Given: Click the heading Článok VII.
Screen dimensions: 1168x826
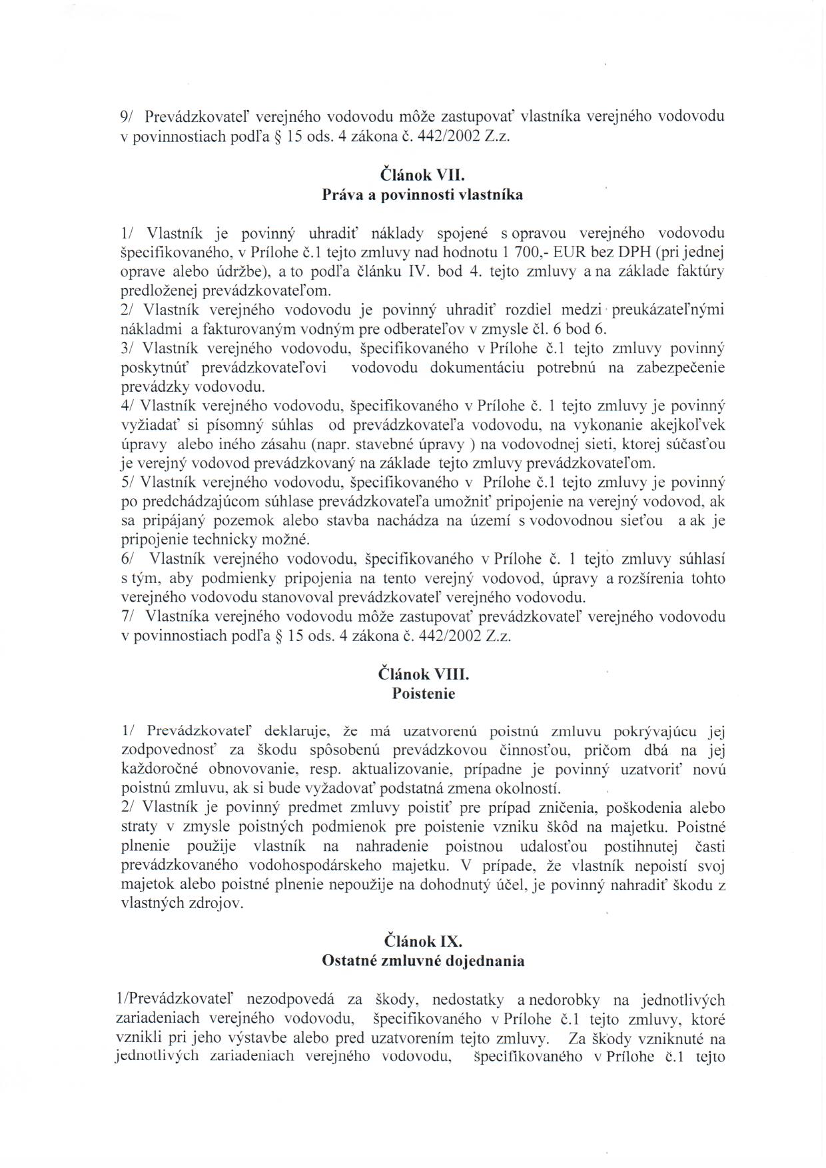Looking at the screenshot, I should coord(420,176).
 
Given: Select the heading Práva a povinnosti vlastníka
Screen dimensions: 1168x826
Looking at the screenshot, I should coord(422,195).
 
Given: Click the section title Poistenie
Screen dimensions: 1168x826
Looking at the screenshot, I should coord(424,694).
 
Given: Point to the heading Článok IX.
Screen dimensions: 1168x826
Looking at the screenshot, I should coord(423,941).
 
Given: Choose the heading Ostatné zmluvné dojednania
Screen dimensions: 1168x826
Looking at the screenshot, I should coord(423,961).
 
